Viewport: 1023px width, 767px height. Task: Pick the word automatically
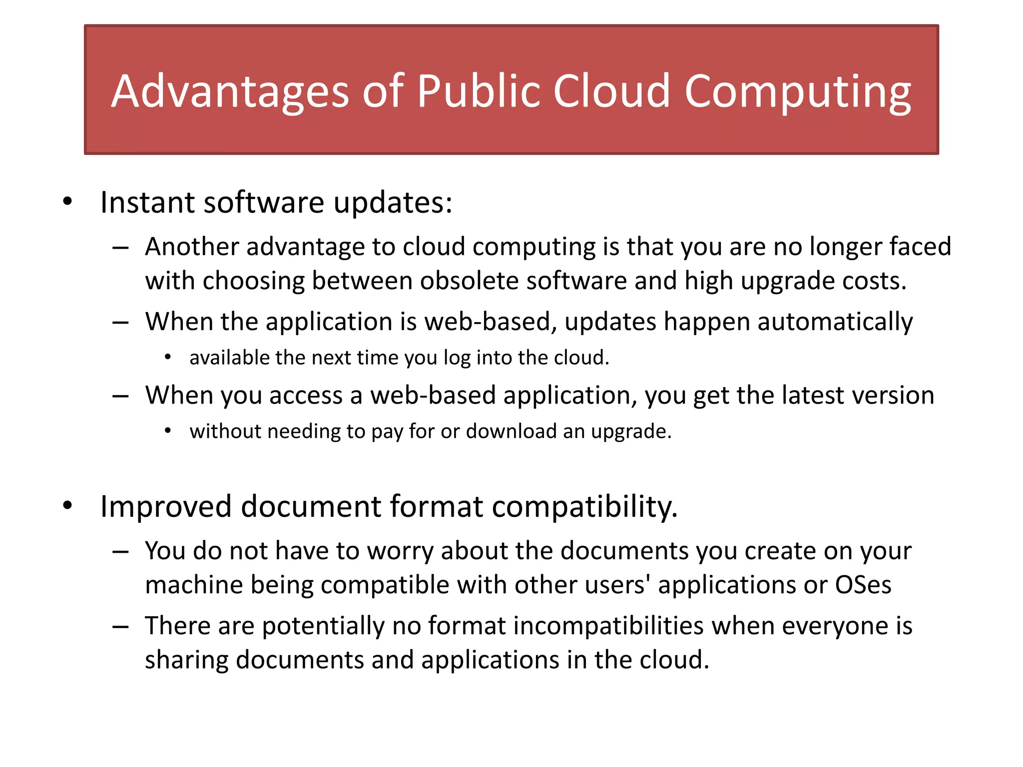point(835,322)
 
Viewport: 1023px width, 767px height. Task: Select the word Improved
point(165,506)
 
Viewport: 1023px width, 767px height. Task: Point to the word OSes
point(863,585)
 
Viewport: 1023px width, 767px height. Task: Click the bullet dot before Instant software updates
point(67,202)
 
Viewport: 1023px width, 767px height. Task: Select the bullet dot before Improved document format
point(67,506)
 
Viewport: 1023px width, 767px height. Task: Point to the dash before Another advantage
point(121,248)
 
